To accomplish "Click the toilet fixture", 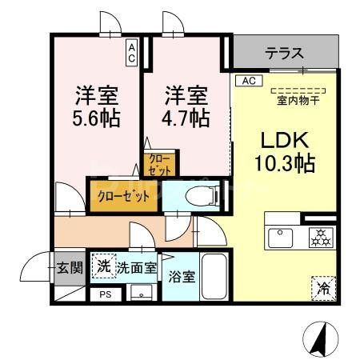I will click(199, 195).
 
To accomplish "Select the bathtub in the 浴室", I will click(213, 275).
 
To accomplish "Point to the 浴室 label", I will click(181, 278).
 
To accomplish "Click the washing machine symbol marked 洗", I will click(103, 266).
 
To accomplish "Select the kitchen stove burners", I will click(320, 236).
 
